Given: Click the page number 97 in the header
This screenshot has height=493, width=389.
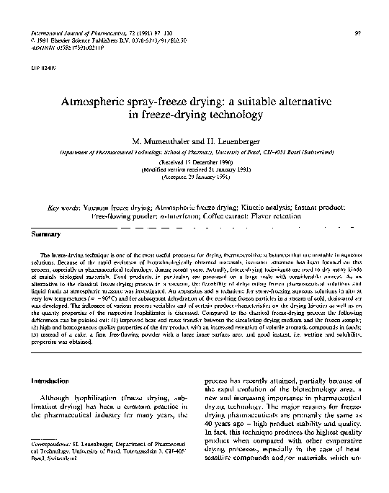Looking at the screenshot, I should click(359, 34).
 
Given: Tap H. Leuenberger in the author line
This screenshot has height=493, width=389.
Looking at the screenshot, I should click(233, 137).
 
